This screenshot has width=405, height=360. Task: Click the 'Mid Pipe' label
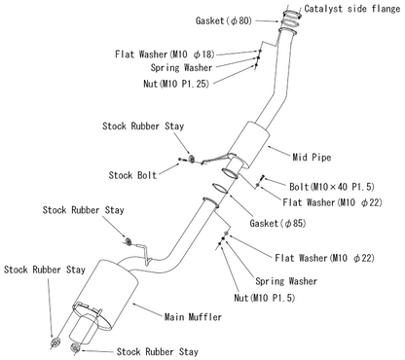311,154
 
